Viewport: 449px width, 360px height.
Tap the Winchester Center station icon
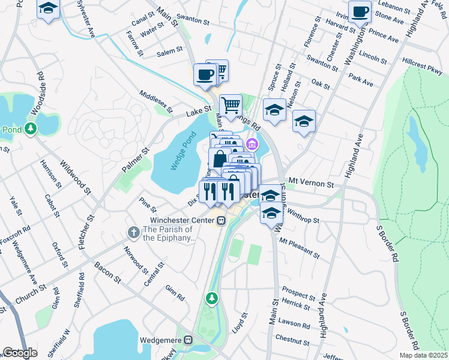221,220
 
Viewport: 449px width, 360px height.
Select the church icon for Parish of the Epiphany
133,232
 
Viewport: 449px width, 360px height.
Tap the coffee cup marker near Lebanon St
360,11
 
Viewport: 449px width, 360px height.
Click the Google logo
20,352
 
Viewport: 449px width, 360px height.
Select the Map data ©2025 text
423,355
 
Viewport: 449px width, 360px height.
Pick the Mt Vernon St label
310,182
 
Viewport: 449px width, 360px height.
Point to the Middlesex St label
155,103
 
